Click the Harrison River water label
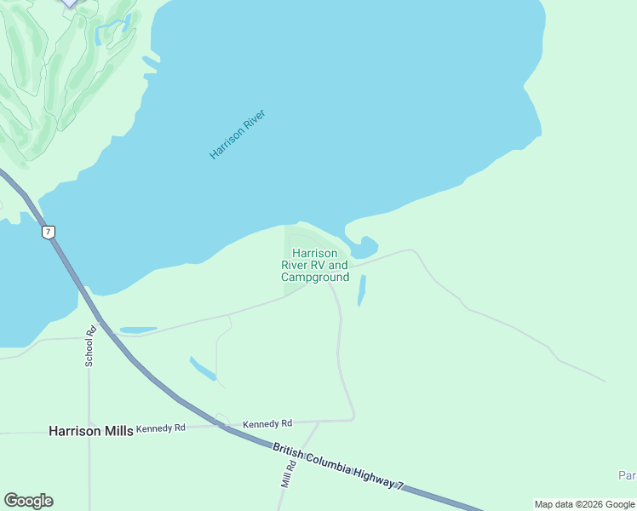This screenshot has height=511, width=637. coord(238,135)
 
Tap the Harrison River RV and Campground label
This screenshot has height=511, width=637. coord(315,265)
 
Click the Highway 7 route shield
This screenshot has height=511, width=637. coord(49,232)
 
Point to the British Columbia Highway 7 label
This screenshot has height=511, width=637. coord(338,466)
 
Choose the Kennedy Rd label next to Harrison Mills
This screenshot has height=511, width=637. coord(160,428)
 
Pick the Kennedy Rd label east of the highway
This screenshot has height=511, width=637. coord(267,423)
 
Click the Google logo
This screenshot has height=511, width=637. coord(28,501)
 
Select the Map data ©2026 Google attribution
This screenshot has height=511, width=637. coord(584,504)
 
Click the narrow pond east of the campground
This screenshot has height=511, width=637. coord(362,290)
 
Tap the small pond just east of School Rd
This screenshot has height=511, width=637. coord(138,330)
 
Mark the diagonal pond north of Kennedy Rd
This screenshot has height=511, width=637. coord(203,369)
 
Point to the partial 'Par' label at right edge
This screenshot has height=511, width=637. coord(627,474)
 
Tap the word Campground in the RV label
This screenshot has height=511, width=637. coord(315,278)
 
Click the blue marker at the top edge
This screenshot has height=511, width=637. coord(70,3)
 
